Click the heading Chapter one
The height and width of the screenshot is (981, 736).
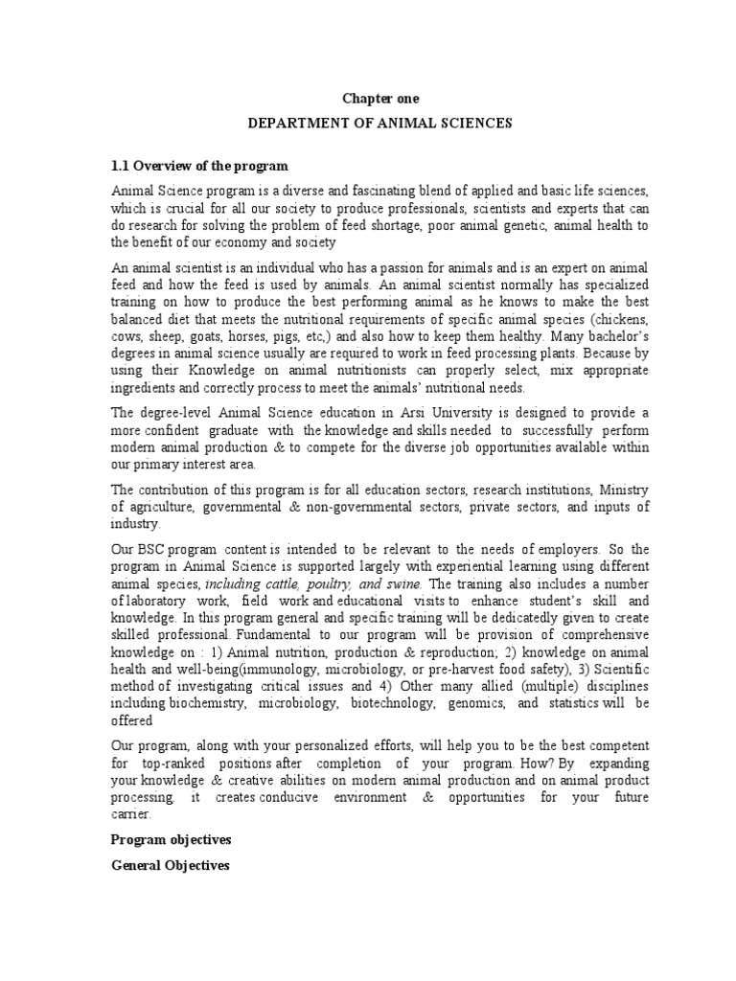[x=380, y=99]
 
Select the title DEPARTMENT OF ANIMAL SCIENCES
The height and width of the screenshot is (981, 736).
[x=380, y=124]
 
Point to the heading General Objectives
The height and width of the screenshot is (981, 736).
[x=170, y=865]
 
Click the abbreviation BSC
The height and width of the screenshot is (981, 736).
[x=152, y=550]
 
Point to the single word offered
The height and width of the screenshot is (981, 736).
[x=132, y=720]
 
